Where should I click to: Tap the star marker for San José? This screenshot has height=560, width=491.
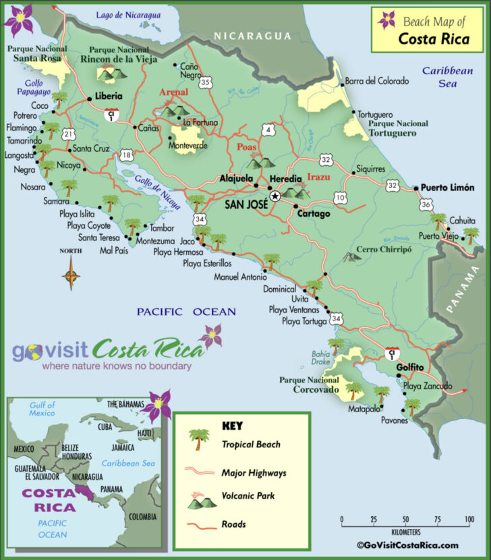[275, 196]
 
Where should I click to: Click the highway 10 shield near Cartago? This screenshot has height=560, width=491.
[339, 198]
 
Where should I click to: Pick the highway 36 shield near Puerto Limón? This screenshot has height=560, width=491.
[426, 204]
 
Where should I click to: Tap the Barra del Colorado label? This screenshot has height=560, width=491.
[377, 81]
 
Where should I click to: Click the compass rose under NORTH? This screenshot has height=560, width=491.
[71, 276]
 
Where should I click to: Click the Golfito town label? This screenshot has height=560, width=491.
[410, 367]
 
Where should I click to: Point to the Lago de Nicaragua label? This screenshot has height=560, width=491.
[128, 15]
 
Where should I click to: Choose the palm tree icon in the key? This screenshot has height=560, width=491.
[198, 439]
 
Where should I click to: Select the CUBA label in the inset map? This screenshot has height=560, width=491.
[105, 426]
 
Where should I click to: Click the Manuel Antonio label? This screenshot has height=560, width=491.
[241, 277]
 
